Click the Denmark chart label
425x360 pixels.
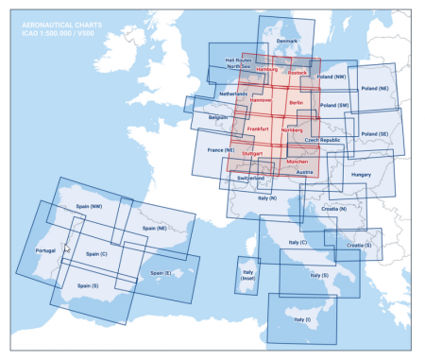(286, 41)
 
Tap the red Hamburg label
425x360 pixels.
(267, 70)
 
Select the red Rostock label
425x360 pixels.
(297, 72)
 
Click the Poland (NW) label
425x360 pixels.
(331, 77)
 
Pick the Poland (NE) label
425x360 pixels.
(375, 87)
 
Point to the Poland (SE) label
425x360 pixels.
(375, 134)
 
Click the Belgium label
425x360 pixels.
(218, 117)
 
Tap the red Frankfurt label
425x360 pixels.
(258, 129)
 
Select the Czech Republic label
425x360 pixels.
(322, 139)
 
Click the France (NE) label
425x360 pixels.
(220, 149)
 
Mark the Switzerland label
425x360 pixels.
(250, 178)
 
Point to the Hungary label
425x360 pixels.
(361, 175)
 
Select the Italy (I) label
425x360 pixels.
(300, 319)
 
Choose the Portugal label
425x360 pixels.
(45, 251)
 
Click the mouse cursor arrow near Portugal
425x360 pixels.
(66, 250)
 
